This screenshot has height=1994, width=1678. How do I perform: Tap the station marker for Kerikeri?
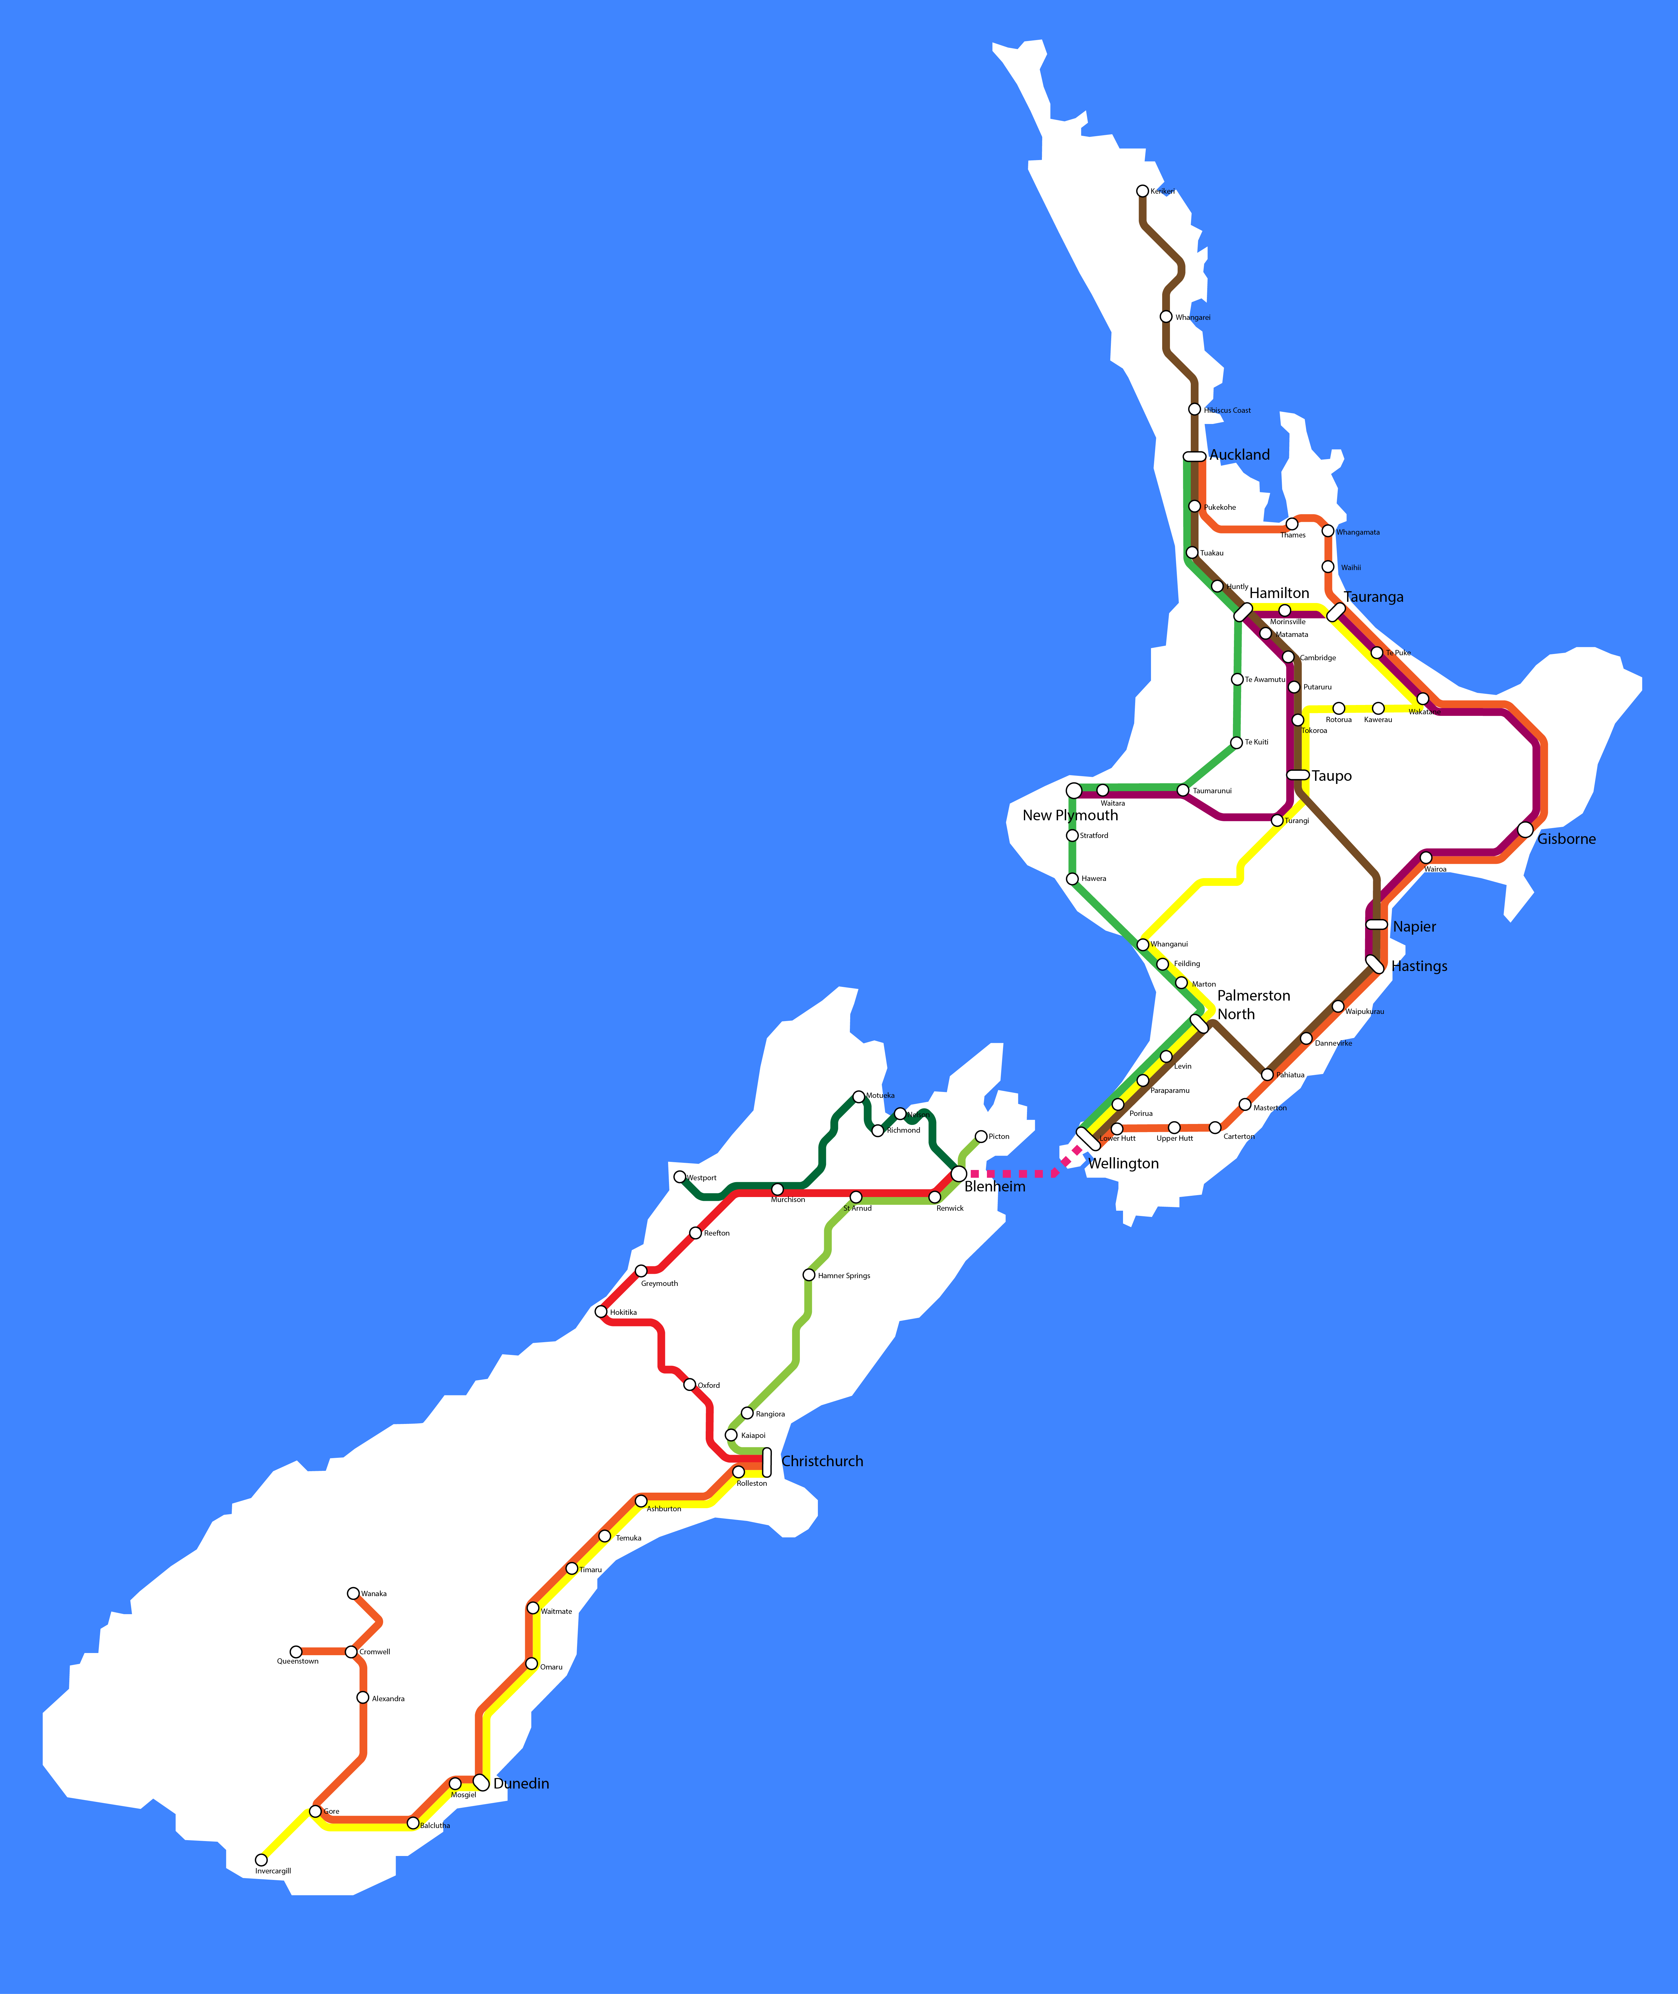(x=1143, y=191)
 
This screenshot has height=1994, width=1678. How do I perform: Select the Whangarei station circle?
(x=1166, y=317)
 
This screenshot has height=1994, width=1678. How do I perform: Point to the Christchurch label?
(x=822, y=1461)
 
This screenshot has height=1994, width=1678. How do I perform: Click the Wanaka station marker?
(x=353, y=1593)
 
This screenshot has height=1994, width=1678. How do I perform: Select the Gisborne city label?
(x=1567, y=839)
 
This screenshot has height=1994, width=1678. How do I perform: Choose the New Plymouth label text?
(x=1070, y=815)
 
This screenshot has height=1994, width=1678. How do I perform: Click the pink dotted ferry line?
(x=1013, y=1174)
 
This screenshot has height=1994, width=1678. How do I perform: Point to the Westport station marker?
(x=679, y=1177)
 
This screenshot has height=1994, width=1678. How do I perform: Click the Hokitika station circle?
(x=600, y=1312)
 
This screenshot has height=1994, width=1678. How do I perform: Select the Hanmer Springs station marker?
(x=809, y=1275)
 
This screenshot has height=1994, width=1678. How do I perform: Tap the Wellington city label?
(x=1123, y=1163)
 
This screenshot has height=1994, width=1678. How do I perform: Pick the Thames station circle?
(x=1292, y=524)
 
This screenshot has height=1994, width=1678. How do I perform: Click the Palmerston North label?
(x=1253, y=1005)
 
